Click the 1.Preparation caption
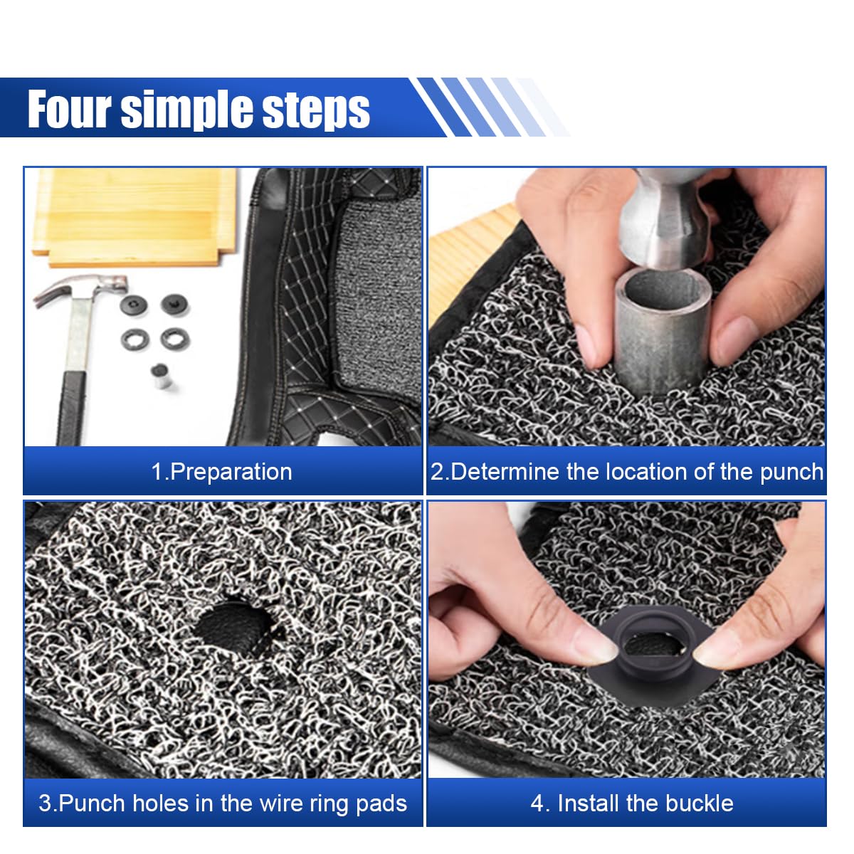[221, 472]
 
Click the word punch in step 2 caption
[791, 473]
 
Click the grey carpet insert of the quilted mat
[377, 285]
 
